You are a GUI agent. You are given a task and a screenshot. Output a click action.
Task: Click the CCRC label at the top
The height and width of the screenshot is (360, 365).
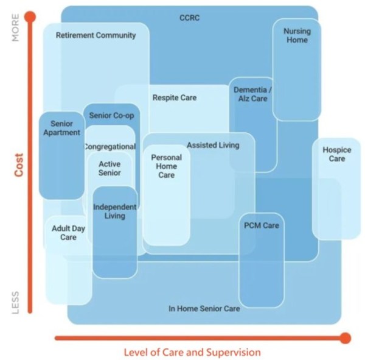[x=190, y=18]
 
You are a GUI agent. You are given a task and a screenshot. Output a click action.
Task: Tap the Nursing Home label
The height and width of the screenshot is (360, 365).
[x=296, y=35]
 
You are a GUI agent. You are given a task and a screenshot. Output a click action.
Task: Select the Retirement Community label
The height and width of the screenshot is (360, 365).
[x=96, y=35]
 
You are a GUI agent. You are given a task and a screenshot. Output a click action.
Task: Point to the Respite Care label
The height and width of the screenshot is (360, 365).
[x=175, y=97]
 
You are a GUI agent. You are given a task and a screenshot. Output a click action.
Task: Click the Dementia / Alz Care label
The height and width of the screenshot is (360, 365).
[x=252, y=94]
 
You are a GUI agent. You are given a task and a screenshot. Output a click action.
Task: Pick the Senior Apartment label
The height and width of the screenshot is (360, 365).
[x=61, y=128]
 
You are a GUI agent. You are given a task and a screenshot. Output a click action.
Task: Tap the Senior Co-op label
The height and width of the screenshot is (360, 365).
[x=111, y=116]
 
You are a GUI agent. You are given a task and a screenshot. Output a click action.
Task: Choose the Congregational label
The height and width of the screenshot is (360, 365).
[x=109, y=147]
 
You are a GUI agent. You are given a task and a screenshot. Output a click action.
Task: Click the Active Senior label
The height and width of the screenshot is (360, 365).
[x=109, y=168]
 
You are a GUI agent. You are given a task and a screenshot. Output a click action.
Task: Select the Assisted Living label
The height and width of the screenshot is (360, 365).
[x=213, y=146]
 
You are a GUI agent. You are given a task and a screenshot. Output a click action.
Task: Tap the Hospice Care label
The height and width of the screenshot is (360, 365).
[x=333, y=154]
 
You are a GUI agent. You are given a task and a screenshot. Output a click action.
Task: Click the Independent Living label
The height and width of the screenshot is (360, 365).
[x=114, y=211]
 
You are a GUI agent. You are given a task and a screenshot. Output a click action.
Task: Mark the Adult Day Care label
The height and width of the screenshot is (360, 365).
[x=68, y=233]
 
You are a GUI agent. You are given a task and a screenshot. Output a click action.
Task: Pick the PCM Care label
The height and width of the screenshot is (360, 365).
[x=262, y=225]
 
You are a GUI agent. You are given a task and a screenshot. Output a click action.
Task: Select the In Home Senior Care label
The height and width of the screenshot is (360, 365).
[x=204, y=309]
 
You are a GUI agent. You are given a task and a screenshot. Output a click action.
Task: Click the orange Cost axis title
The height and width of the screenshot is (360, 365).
[x=18, y=164]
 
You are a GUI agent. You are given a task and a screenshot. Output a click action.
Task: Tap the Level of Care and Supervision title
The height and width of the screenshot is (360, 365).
[x=192, y=352]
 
